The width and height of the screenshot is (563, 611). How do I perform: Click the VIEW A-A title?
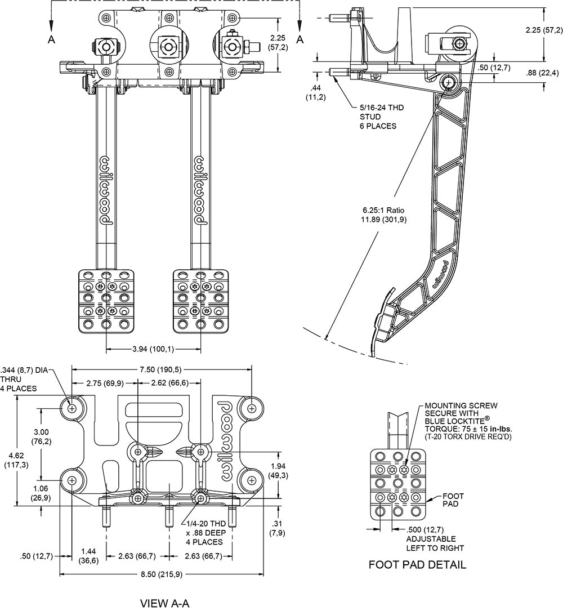[164, 603]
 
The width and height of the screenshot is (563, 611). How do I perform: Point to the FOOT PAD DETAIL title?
[417, 564]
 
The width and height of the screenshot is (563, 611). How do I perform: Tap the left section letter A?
[51, 39]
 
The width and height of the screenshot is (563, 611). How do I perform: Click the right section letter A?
[300, 39]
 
